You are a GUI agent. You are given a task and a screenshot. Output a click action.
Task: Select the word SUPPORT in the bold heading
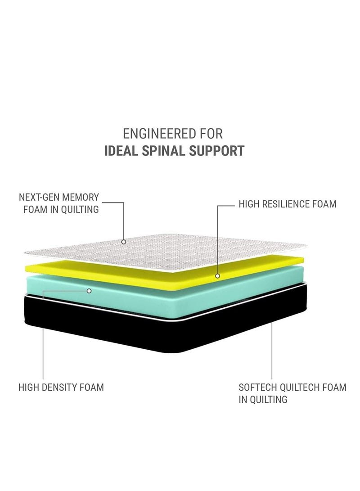[212, 151]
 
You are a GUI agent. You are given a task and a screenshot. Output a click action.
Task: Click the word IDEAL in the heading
[121, 151]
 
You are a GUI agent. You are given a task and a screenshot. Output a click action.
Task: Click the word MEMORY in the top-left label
[81, 198]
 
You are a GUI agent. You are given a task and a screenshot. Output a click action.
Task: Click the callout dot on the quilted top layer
[124, 242]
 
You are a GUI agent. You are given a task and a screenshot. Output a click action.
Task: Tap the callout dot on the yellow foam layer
[217, 276]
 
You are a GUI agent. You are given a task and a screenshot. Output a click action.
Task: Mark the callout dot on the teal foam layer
[89, 291]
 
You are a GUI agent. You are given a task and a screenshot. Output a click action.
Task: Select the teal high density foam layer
[157, 297]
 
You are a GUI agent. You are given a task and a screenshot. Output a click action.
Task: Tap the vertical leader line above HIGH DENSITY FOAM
[43, 338]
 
